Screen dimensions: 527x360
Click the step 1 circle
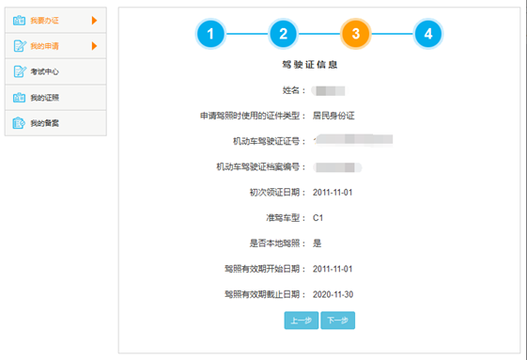coord(210,34)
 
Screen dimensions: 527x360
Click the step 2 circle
coord(283,34)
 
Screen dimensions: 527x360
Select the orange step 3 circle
coord(355,34)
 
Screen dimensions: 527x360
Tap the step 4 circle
coord(427,34)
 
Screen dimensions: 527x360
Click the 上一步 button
coord(301,321)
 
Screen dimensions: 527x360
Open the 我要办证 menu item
coord(44,20)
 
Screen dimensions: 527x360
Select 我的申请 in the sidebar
coord(44,46)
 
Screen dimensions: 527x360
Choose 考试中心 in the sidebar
coord(44,71)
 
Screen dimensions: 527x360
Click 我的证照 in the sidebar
coord(44,98)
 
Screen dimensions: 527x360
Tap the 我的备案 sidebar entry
coord(44,123)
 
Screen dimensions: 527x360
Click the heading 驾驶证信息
coord(309,66)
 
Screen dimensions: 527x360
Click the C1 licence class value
coord(318,218)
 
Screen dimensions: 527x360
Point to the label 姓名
coord(293,90)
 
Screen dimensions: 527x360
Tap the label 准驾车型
coord(279,218)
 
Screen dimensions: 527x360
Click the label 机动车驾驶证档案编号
coord(257,167)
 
